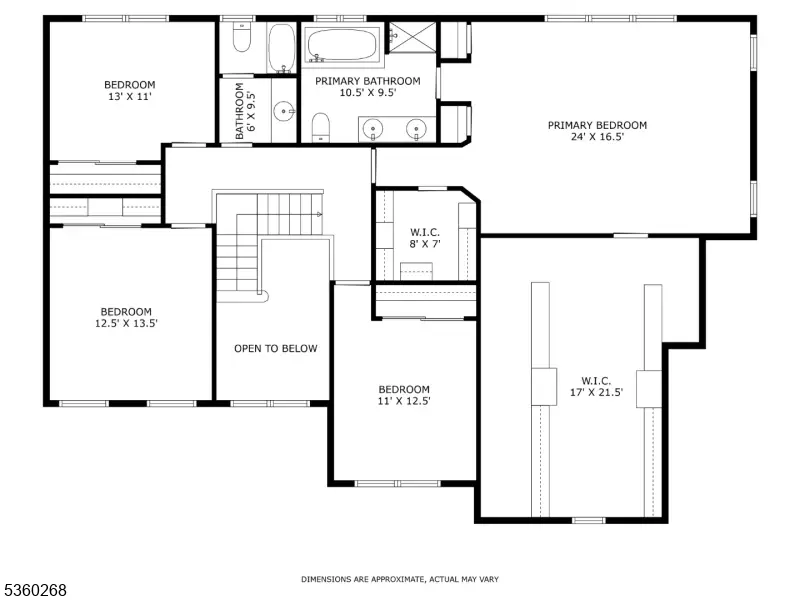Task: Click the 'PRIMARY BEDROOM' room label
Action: coord(597,125)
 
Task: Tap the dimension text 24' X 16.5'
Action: coord(597,137)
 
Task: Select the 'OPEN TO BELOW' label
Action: coord(276,348)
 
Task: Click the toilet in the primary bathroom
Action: coord(320,127)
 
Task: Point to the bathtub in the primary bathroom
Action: coord(342,45)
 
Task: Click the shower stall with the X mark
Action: coord(413,37)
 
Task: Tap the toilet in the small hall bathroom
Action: coord(241,37)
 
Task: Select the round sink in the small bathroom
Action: coord(283,111)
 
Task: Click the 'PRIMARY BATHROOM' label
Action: coord(368,81)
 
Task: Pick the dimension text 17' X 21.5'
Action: coord(596,392)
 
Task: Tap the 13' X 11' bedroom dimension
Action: coord(130,96)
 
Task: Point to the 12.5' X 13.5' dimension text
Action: coord(126,323)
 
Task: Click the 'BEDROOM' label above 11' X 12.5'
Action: coord(404,389)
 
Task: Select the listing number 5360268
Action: coord(34,590)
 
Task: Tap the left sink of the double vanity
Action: coord(373,129)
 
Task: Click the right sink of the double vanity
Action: coord(416,129)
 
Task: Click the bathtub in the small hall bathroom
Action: coord(282,47)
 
